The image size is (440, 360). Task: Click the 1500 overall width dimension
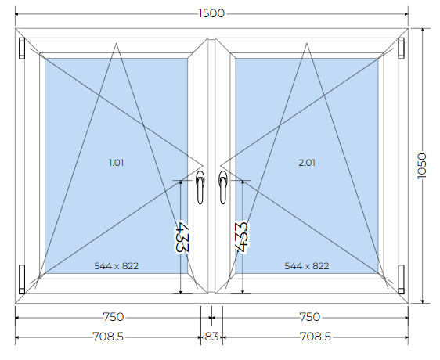click(211, 13)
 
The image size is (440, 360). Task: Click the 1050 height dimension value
click(421, 166)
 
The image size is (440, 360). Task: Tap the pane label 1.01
click(116, 163)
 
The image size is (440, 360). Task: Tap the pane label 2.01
click(307, 163)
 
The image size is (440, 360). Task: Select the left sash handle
click(200, 187)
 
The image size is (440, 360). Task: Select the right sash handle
click(223, 187)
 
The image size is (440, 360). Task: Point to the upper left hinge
click(22, 49)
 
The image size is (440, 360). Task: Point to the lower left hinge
click(22, 279)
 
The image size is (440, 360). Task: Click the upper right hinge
click(402, 49)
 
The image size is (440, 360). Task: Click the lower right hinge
click(402, 279)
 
